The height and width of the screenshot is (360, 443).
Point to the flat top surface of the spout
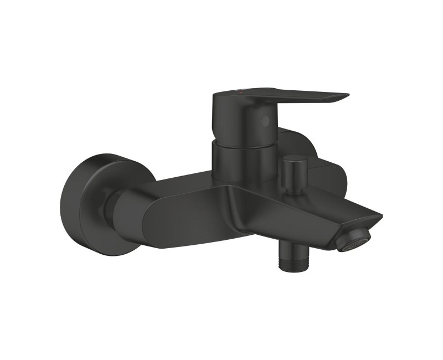(310, 199)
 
